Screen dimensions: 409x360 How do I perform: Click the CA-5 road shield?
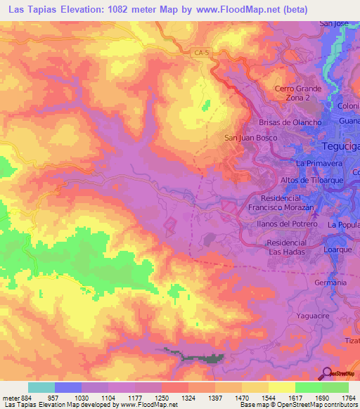tap(202, 52)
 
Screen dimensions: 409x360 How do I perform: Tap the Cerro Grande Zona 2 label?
tap(297, 93)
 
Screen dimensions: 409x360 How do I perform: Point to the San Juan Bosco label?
tap(247, 138)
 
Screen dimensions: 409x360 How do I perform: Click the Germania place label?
tap(331, 282)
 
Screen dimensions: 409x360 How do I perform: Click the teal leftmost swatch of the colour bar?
tap(41, 387)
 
